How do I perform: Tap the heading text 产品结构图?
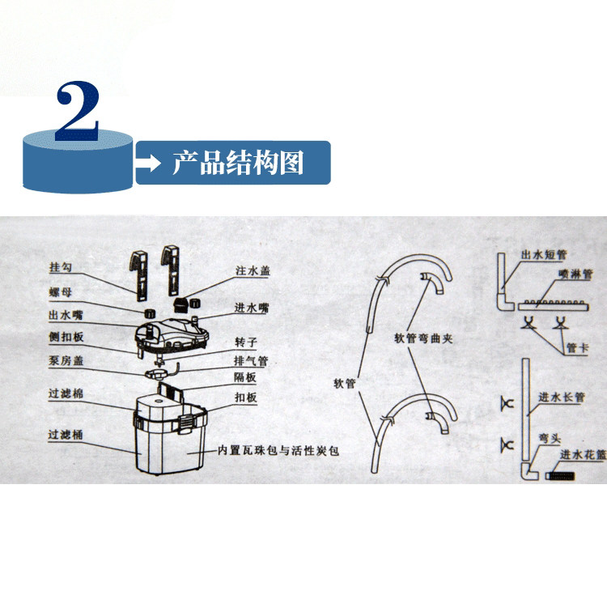click(238, 163)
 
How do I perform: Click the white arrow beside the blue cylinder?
click(147, 163)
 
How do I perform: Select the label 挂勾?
click(61, 267)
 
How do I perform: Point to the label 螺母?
click(61, 292)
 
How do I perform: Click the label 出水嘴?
click(66, 315)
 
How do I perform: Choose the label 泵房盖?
click(66, 360)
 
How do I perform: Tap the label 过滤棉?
click(66, 393)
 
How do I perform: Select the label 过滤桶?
click(66, 435)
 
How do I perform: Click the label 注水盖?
click(253, 270)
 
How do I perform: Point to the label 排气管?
click(251, 361)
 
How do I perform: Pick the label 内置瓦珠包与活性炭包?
click(278, 451)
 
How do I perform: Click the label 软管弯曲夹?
click(423, 338)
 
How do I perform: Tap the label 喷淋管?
click(575, 274)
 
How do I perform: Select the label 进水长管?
click(562, 397)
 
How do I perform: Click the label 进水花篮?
click(583, 455)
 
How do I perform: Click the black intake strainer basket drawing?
click(561, 476)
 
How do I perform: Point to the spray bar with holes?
click(554, 305)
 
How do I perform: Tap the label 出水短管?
click(544, 255)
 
